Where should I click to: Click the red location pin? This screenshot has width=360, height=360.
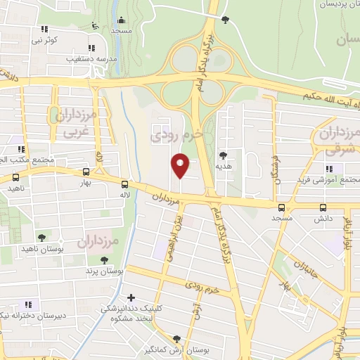[181, 165]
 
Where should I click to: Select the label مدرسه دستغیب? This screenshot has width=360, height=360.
[89, 58]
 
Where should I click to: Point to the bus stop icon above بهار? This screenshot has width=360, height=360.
[86, 171]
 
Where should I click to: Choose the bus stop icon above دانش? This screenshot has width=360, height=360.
[323, 207]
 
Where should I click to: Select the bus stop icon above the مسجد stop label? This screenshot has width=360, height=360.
[282, 207]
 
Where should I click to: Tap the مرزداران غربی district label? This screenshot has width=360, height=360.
[75, 122]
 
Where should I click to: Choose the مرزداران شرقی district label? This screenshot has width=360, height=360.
[338, 139]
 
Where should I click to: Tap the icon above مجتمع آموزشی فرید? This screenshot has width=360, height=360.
[328, 169]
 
